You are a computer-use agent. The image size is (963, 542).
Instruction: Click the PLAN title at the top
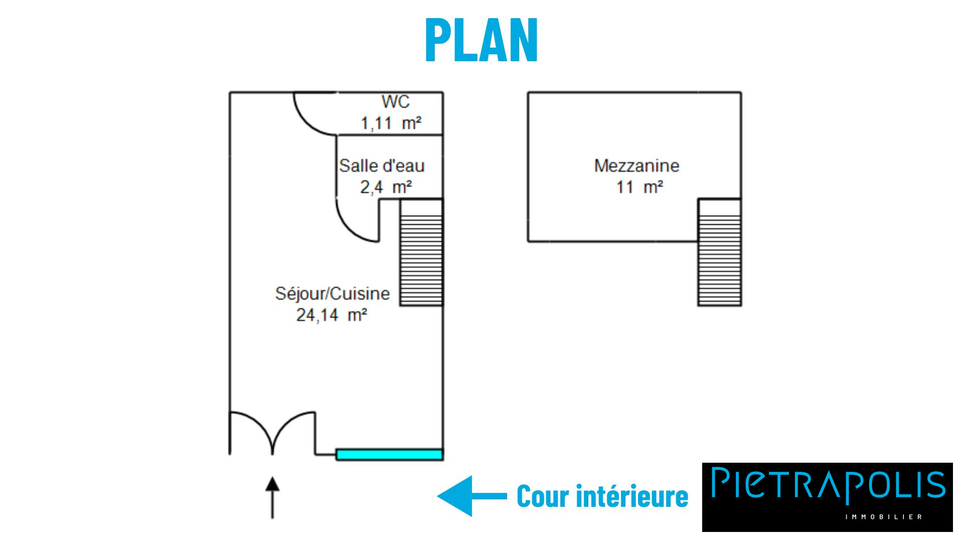point(481,40)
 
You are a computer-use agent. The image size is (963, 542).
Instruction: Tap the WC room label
point(395,102)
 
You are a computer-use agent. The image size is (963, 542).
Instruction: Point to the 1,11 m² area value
point(391,123)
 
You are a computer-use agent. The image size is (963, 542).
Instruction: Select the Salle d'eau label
point(382,166)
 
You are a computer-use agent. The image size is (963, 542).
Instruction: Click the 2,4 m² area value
point(386,187)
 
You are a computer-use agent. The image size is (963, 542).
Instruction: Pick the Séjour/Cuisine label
point(332,294)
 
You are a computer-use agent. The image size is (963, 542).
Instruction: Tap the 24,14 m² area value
point(332,315)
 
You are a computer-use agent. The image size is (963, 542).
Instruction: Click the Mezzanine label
point(636,166)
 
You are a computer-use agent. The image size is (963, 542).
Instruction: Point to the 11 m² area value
point(639,187)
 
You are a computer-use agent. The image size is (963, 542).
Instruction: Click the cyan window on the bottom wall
point(389,455)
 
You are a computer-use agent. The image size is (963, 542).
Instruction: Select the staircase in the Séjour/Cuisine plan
point(421,252)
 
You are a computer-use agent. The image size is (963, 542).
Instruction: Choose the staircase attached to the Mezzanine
point(719,252)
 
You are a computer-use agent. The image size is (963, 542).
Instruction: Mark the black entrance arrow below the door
point(272,497)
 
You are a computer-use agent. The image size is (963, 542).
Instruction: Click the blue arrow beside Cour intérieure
point(471,496)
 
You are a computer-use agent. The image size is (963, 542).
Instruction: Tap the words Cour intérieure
point(602,496)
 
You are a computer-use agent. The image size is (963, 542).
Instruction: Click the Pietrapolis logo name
point(828,485)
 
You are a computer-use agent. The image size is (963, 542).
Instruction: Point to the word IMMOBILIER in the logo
point(883,517)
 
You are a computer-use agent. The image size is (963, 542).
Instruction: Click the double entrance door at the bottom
point(272,432)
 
